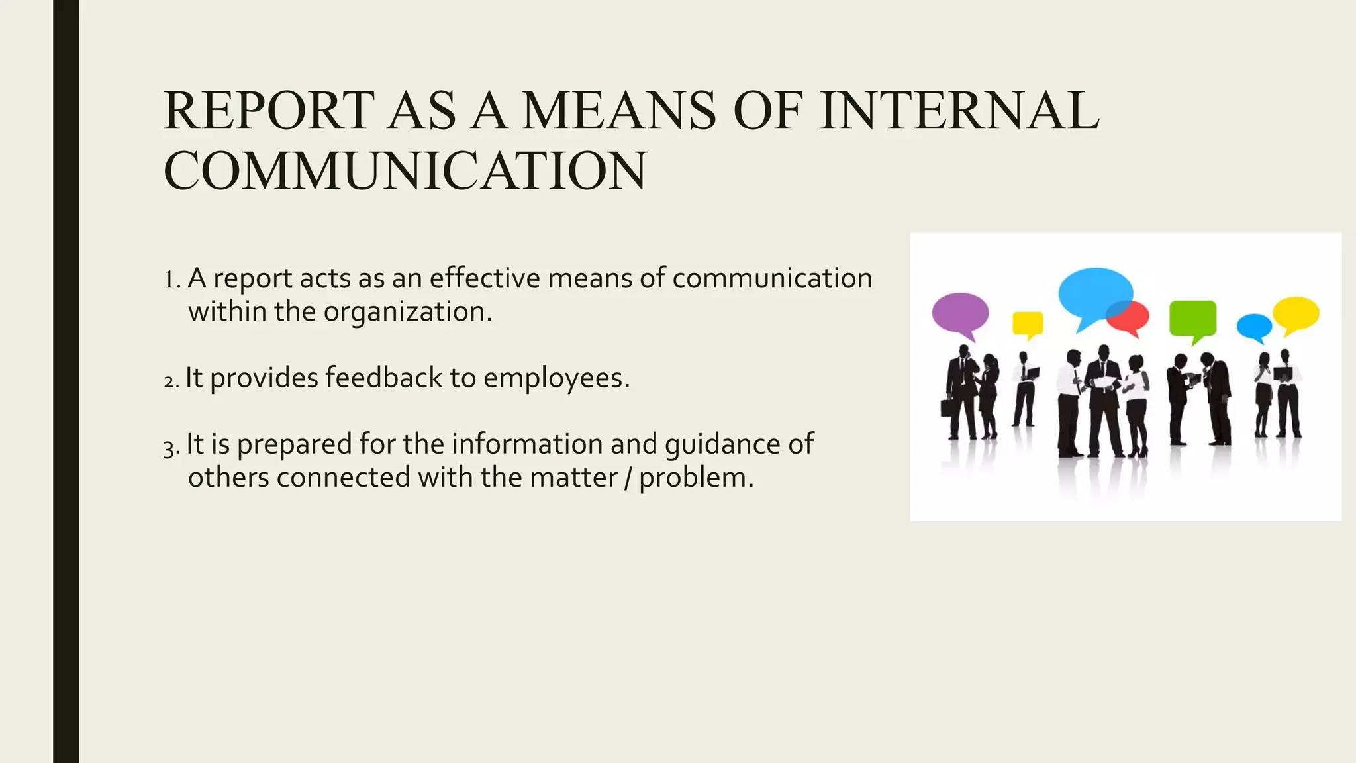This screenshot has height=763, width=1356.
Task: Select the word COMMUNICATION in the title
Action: click(405, 171)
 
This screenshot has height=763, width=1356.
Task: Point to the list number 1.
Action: click(171, 280)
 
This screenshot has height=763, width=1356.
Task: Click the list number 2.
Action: click(170, 381)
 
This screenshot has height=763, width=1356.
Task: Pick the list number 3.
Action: click(170, 448)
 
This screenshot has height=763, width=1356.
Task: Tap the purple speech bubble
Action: click(960, 313)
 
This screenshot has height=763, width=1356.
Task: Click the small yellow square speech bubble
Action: click(1028, 323)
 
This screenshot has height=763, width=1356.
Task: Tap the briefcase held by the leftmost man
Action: click(949, 407)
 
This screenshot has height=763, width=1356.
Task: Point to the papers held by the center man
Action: click(1104, 382)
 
